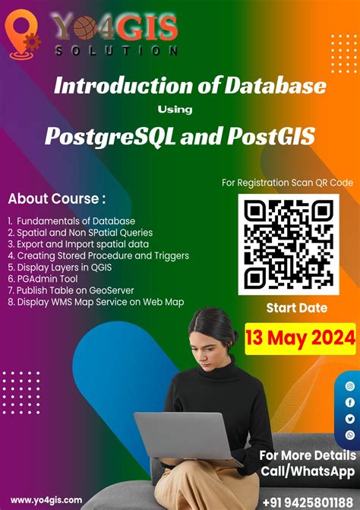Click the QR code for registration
[288, 245]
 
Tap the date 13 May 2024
[300, 335]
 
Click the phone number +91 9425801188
[308, 502]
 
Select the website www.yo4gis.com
[47, 499]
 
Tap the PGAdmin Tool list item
[45, 279]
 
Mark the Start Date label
[296, 308]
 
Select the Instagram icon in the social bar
[350, 386]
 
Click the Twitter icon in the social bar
[350, 418]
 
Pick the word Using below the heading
[180, 109]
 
